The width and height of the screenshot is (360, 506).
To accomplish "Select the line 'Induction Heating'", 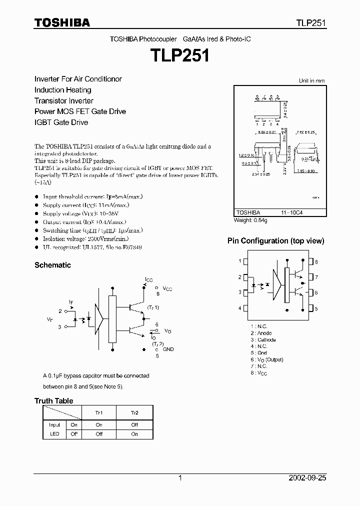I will (x=62, y=90).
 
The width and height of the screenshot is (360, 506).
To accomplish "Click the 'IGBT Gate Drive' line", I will (x=61, y=122).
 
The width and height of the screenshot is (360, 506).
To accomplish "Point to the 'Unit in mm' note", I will (x=311, y=80).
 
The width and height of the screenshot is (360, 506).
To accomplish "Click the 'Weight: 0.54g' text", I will (x=250, y=220).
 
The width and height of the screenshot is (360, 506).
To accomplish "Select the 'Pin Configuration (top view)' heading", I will (x=275, y=241).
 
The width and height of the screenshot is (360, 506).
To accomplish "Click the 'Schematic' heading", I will (x=52, y=265).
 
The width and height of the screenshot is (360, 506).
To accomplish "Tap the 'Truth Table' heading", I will (x=53, y=401).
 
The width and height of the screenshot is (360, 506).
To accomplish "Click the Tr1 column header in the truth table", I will (x=99, y=412).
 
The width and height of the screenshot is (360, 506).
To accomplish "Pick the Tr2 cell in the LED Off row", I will (x=134, y=434).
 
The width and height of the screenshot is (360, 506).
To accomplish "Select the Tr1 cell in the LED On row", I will (x=99, y=424).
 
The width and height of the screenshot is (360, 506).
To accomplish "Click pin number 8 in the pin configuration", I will (x=316, y=261).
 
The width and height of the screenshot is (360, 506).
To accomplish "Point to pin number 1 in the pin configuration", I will (x=240, y=261).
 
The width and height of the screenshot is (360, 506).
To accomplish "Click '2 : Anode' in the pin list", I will (x=261, y=333).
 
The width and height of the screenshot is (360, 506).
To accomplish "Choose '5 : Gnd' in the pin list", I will (x=259, y=353).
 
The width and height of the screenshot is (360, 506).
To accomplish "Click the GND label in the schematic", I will (x=168, y=349).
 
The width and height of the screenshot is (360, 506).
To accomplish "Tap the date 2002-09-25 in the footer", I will (x=307, y=478).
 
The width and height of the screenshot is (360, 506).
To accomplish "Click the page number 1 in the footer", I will (x=180, y=478).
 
